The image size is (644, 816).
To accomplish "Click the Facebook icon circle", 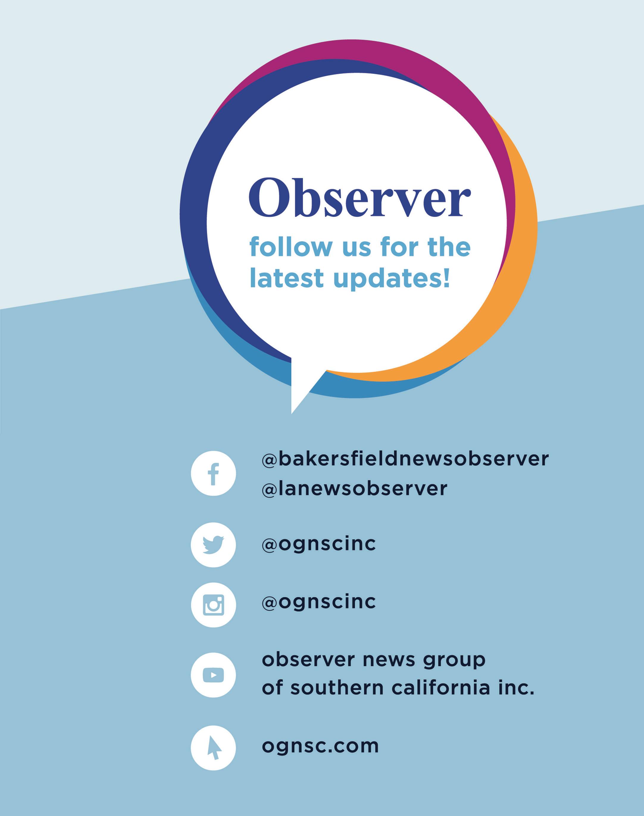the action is (x=213, y=473).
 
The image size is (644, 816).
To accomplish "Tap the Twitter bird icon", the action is (x=213, y=545).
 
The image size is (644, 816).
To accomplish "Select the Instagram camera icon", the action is (x=213, y=605).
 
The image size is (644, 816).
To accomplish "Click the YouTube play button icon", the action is (x=213, y=675).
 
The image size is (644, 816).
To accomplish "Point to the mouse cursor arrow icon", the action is (x=213, y=748).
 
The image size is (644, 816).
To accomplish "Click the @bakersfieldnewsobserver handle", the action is (x=405, y=459).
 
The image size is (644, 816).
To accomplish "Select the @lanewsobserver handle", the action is (x=354, y=488).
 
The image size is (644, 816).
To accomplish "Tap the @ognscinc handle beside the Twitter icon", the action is (x=319, y=544).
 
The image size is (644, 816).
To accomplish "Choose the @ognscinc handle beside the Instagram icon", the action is (x=319, y=602).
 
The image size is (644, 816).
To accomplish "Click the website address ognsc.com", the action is (x=320, y=746).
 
